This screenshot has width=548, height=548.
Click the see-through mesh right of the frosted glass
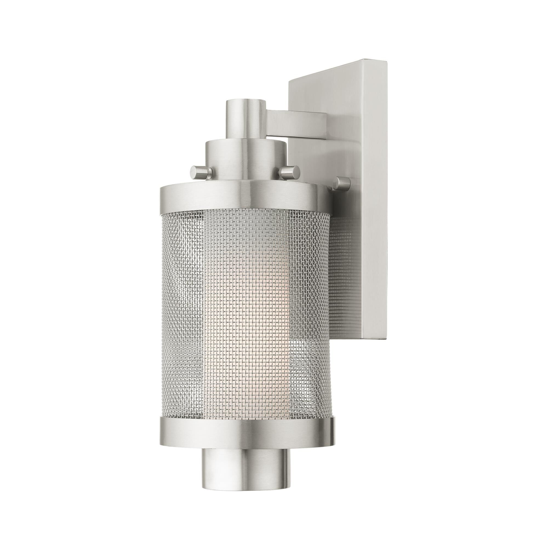[x=308, y=298]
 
